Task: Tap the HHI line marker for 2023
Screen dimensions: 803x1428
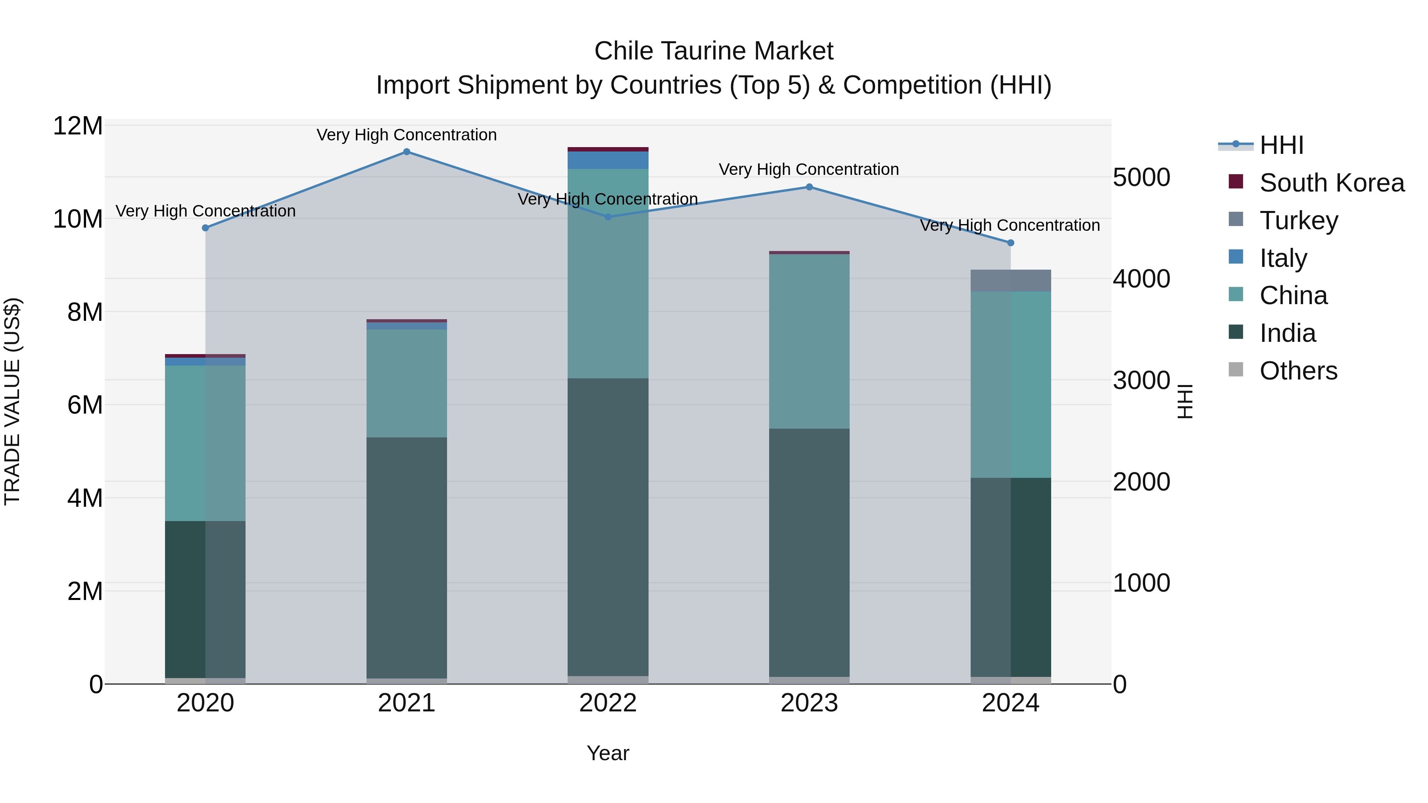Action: pos(809,187)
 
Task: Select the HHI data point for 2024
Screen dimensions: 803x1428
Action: pos(1011,243)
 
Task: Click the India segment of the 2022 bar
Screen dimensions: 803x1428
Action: pos(608,527)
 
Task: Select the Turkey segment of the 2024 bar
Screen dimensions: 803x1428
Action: pos(1011,280)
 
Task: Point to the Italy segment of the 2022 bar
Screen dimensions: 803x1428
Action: pos(608,160)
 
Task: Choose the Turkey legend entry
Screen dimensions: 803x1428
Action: pos(1298,220)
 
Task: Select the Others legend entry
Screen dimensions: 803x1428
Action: pos(1298,371)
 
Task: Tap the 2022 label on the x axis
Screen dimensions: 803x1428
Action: pos(608,703)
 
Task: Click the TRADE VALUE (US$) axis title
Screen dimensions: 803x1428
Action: pos(12,401)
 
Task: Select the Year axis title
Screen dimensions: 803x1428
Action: pos(608,753)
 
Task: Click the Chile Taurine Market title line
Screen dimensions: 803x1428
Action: pos(714,51)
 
